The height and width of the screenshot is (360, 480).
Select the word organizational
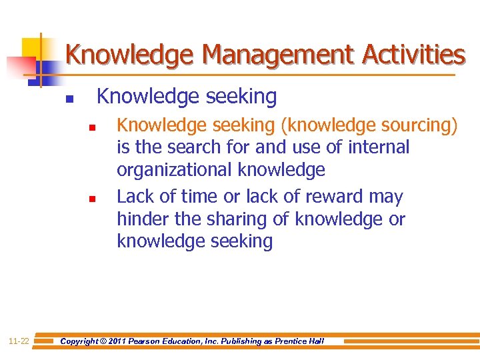click(175, 170)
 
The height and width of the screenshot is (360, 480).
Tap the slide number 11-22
click(19, 341)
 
